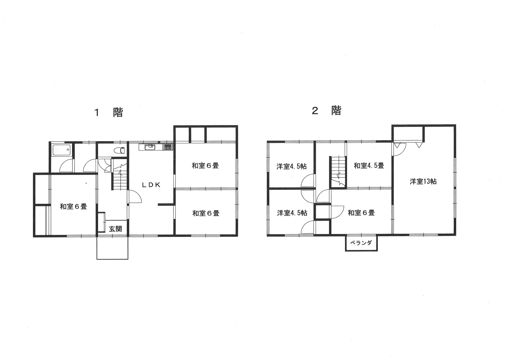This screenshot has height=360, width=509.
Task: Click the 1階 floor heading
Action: click(109, 112)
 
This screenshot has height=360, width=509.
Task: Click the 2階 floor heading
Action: click(327, 110)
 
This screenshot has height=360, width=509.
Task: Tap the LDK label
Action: click(151, 185)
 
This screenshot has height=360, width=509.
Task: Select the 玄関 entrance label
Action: click(116, 229)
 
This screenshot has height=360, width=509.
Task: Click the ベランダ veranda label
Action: click(361, 242)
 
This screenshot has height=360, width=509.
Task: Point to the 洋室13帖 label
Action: click(423, 181)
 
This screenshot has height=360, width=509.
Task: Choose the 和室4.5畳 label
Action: click(369, 166)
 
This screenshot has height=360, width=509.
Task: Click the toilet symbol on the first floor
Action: click(119, 150)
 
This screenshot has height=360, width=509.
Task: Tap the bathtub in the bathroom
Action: click(62, 150)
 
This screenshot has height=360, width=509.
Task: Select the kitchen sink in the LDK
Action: click(150, 147)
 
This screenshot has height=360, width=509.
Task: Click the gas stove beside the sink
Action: click(168, 147)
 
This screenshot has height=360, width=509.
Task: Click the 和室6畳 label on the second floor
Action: click(361, 213)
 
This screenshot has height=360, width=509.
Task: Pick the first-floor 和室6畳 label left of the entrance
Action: click(73, 206)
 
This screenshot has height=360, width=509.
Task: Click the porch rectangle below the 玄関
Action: click(112, 248)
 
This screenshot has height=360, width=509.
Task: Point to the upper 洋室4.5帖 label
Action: click(292, 167)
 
